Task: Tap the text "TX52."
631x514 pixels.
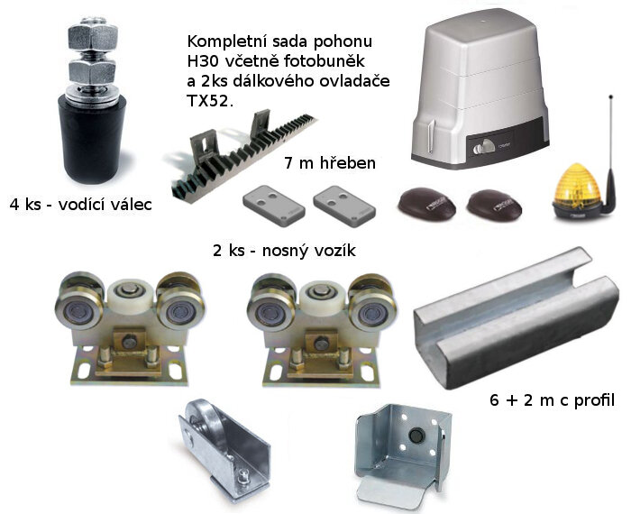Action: [211, 102]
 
